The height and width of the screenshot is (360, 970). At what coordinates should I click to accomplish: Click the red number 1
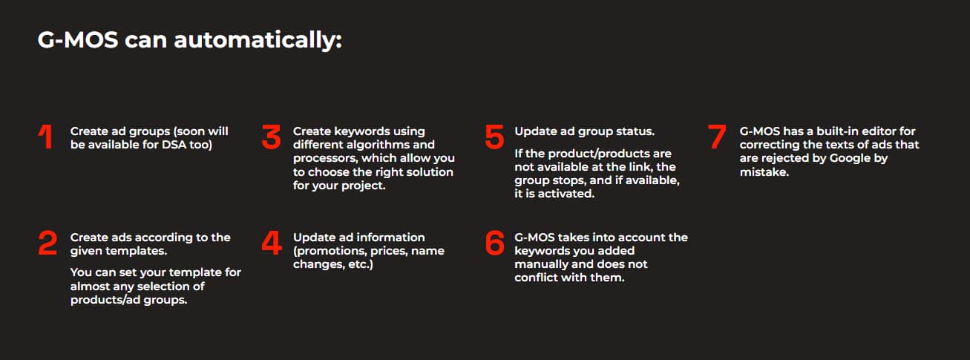click(46, 137)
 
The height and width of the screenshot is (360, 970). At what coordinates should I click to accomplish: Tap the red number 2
click(47, 243)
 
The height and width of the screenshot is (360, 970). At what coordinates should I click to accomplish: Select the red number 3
click(272, 137)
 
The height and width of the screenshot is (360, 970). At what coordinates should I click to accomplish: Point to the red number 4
click(272, 243)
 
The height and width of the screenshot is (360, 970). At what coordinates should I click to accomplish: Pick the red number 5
click(494, 137)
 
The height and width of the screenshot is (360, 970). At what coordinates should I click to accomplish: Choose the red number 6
click(495, 243)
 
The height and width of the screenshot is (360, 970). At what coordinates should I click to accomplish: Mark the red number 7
click(717, 137)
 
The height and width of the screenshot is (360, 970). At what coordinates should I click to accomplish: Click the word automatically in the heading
click(258, 40)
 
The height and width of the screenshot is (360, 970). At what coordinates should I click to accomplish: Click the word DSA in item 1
click(174, 145)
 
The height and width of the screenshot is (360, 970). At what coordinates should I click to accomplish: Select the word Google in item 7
click(850, 159)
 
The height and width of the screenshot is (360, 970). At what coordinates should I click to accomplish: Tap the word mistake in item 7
click(764, 172)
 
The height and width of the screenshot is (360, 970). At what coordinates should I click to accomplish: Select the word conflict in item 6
click(536, 278)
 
